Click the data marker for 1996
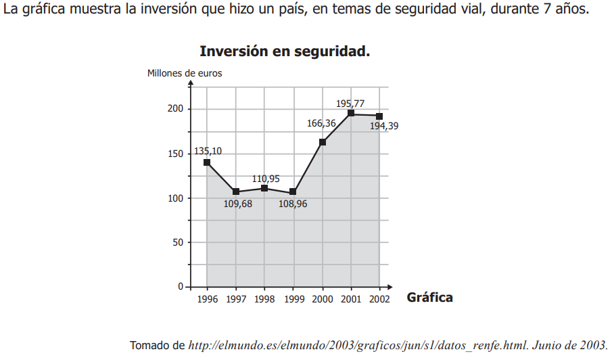point(207,162)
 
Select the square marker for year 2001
point(351,113)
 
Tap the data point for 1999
point(293,192)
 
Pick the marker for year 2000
point(323,142)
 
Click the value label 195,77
point(350,104)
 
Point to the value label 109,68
point(238,204)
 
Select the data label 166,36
point(321,123)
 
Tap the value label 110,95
point(266,179)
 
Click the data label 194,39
point(384,126)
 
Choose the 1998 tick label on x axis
point(264,299)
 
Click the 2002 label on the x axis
point(379,299)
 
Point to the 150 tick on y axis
point(175,154)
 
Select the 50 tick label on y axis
point(178,242)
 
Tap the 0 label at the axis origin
point(181,287)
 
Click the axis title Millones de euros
point(185,73)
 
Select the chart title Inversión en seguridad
point(285,51)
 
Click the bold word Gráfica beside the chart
point(429,297)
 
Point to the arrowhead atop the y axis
point(191,83)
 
